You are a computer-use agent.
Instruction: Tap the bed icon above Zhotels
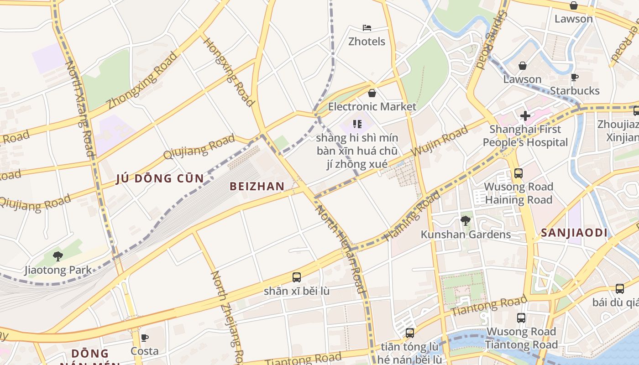coord(367,28)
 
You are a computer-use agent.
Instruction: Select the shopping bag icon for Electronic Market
coord(372,94)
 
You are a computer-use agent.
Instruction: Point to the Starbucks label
coord(574,91)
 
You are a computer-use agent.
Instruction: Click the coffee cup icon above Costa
coord(145,338)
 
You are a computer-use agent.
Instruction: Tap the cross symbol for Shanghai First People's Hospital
coord(525,116)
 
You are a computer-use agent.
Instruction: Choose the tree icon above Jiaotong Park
coord(58,256)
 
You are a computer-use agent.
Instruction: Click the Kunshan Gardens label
coord(466,235)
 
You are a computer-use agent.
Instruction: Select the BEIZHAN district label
coord(257,186)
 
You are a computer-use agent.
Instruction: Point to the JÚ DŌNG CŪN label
coord(160,178)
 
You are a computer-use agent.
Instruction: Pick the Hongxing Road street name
coord(228,72)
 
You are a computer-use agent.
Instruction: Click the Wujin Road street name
coord(440,141)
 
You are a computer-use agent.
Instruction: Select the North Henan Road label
coord(341,249)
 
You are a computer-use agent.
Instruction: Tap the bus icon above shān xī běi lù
coord(296,277)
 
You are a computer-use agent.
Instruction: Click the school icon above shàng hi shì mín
coord(357,124)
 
